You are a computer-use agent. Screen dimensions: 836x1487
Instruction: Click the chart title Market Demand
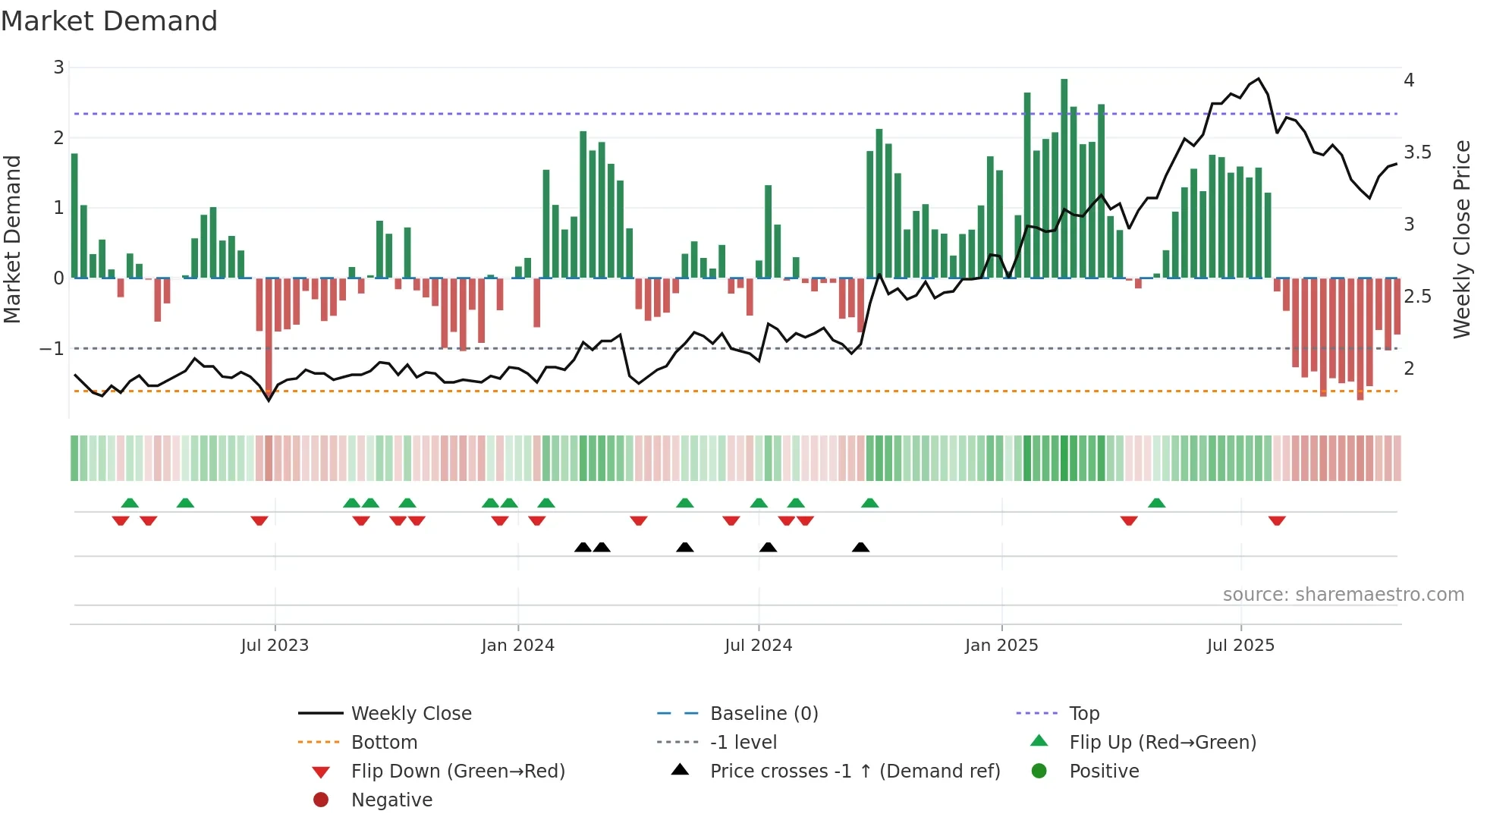(109, 21)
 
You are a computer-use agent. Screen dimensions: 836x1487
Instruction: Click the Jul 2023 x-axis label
(275, 646)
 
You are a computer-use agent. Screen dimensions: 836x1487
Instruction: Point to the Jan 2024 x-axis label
(517, 646)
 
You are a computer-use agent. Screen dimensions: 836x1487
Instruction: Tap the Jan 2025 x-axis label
(1001, 646)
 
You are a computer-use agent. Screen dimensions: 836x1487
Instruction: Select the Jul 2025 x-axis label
(1240, 646)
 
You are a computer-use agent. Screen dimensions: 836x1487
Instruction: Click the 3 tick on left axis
(58, 68)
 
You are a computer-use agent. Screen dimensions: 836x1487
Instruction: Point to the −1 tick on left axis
(52, 349)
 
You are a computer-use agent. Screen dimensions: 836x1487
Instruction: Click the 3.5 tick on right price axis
(1417, 152)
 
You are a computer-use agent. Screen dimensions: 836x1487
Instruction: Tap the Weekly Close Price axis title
(1461, 239)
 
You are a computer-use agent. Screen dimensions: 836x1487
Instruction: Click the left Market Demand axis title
(13, 239)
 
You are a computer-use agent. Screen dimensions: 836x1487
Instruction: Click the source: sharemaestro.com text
(1343, 595)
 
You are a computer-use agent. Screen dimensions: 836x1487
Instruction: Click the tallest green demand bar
(1064, 178)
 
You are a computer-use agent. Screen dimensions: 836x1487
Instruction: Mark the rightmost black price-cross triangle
(860, 547)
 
